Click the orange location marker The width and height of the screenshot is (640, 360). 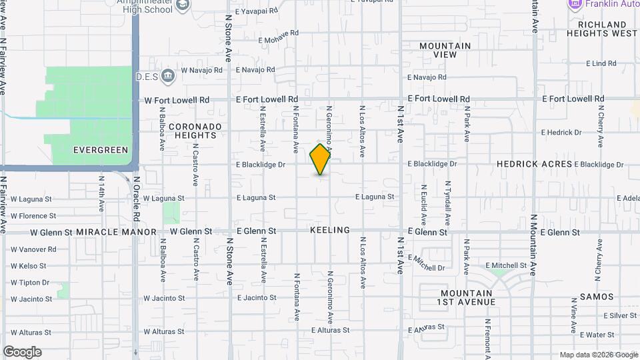pos(321,159)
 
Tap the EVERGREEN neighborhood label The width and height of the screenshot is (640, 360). pos(100,150)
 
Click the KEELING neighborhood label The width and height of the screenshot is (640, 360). pos(330,230)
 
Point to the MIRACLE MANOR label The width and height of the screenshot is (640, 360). pos(116,232)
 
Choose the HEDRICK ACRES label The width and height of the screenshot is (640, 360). pos(534,164)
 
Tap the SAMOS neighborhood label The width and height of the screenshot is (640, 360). pos(592,296)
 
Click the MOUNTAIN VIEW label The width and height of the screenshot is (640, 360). pos(445,50)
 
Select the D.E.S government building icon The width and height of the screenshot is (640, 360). pos(168,75)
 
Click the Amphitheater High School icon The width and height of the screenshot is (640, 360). pos(184,5)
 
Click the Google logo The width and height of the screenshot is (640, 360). pos(22,352)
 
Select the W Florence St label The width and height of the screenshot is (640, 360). pos(33,216)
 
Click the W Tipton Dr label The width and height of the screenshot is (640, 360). pos(30,283)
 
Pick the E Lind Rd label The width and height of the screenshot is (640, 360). pos(601,64)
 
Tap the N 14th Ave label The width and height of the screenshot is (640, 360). pos(101,194)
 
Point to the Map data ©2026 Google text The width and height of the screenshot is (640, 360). pos(598,355)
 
